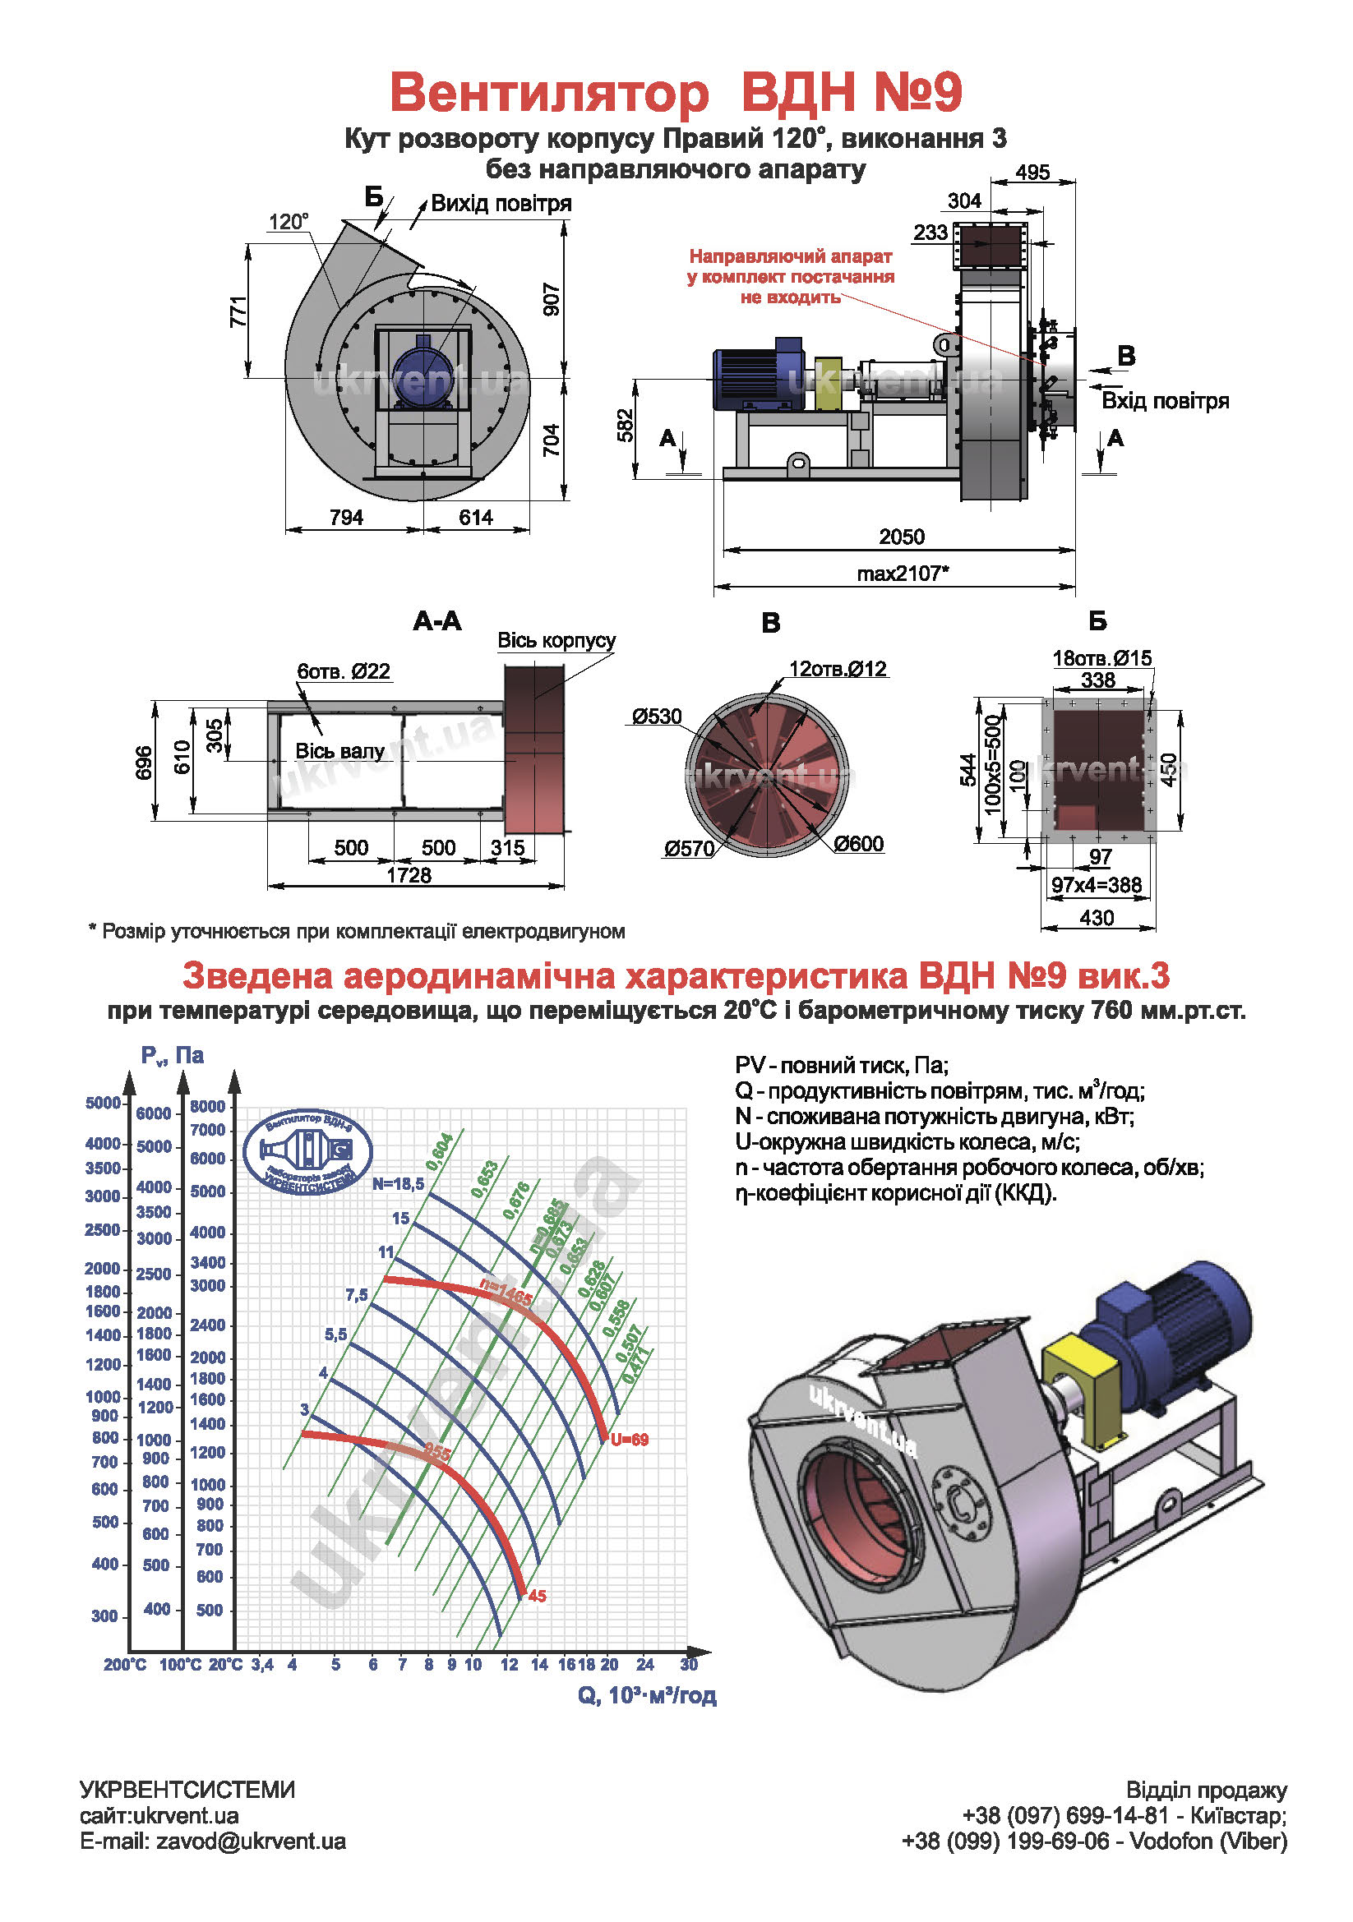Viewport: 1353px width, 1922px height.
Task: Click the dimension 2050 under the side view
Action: (x=901, y=537)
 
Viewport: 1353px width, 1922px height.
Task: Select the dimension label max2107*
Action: (x=903, y=574)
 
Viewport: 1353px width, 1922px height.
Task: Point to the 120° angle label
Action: (x=288, y=222)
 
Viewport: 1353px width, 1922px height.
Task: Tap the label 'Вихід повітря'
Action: (x=501, y=204)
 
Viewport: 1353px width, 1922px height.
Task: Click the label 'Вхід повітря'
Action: (x=1165, y=401)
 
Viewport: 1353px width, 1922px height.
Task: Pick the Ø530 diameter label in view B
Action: (x=658, y=717)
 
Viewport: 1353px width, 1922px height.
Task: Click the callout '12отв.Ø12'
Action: (x=838, y=669)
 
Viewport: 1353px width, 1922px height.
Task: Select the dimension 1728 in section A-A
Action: (x=409, y=875)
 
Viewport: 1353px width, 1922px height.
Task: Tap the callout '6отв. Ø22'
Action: (x=344, y=671)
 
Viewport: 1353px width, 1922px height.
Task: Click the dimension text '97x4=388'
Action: (x=1096, y=885)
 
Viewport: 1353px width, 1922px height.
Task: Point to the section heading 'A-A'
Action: (x=437, y=621)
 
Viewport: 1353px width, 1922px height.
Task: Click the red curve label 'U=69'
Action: (x=629, y=1440)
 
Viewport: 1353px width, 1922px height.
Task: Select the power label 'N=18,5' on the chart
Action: (x=399, y=1183)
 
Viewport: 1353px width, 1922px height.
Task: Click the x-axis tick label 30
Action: (x=688, y=1664)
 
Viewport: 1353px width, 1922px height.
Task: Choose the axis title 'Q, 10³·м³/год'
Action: (x=646, y=1696)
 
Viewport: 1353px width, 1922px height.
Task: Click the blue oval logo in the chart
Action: (x=308, y=1153)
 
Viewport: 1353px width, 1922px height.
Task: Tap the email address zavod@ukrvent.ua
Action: (x=251, y=1841)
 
